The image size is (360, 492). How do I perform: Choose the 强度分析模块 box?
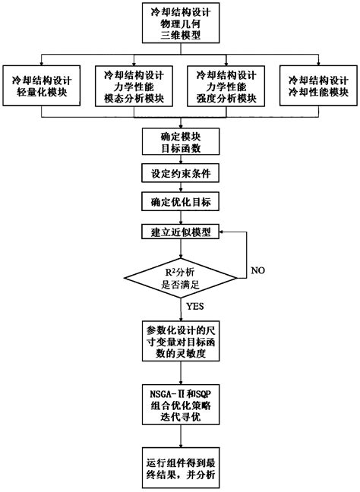pos(226,85)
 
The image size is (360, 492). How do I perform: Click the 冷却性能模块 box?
pos(320,85)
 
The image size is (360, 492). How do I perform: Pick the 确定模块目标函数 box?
pos(181,142)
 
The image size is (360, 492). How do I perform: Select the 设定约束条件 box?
pos(181,173)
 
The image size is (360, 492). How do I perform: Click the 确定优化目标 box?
pos(181,202)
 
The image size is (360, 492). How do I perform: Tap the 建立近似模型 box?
pos(181,232)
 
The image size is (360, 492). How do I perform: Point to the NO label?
pos(258,271)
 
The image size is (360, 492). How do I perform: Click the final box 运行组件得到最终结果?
pos(181,468)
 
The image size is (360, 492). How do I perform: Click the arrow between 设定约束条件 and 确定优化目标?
pos(181,188)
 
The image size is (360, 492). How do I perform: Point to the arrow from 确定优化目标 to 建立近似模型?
pos(181,217)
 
